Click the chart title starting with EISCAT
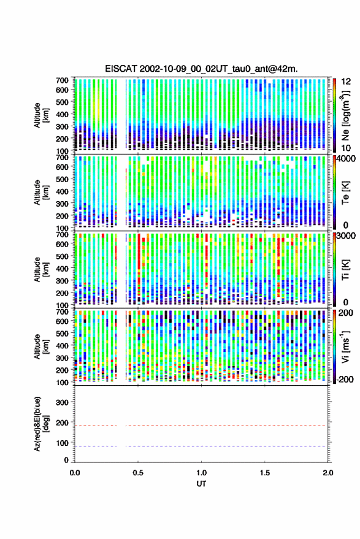coord(201,69)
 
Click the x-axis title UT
coord(202,484)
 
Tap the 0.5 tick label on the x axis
coord(138,473)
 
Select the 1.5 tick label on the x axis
coord(265,473)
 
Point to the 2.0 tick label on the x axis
coord(328,473)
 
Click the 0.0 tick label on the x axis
coord(75,473)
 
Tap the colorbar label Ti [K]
coord(345,270)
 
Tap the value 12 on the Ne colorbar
coord(347,82)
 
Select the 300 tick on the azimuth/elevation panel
coord(62,402)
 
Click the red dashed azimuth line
coord(201,426)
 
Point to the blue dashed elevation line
coord(201,446)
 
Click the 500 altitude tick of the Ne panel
coord(62,102)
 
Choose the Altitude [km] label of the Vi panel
coord(41,346)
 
